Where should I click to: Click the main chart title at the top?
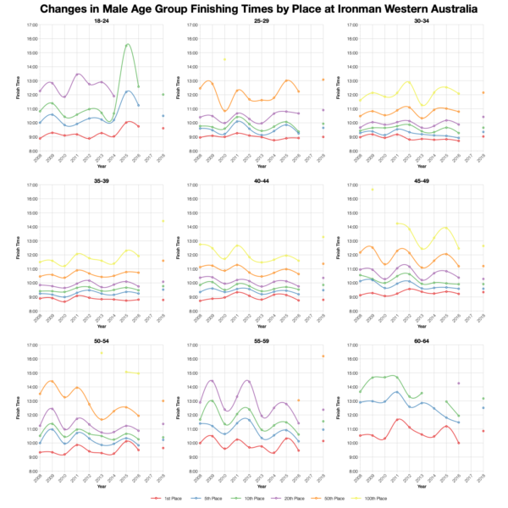(x=254, y=8)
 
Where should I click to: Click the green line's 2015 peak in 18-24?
(x=128, y=44)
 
